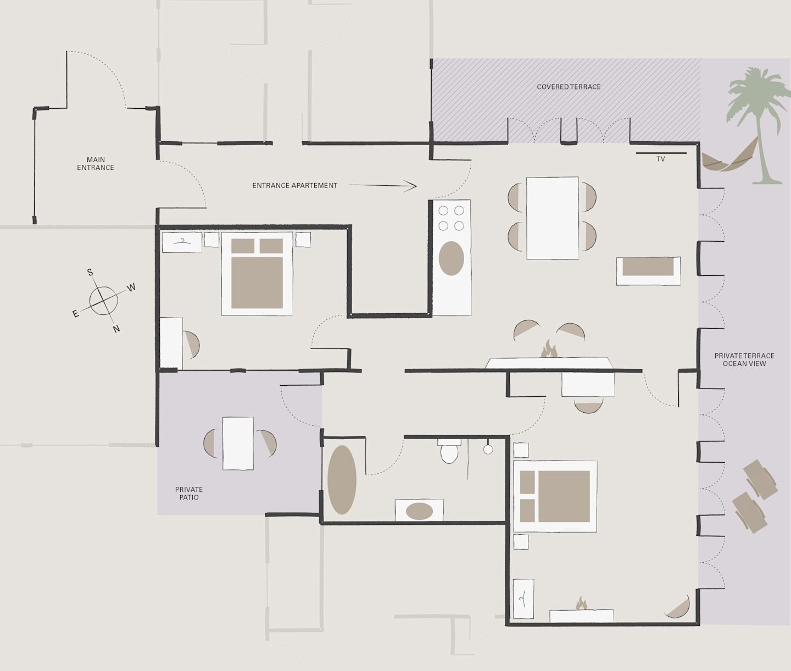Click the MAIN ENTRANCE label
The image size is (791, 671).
click(96, 163)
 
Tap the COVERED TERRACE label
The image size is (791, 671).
click(569, 87)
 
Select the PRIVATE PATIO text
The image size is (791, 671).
click(189, 493)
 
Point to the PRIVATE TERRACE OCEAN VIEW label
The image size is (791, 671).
click(744, 359)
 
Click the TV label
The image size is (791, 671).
click(660, 159)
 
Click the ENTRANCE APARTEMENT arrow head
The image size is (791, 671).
click(412, 186)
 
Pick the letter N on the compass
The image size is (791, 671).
click(116, 329)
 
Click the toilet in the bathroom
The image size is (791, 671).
click(449, 451)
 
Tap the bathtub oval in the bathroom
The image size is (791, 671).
click(342, 480)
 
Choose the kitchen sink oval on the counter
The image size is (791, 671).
click(451, 258)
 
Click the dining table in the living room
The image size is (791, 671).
click(552, 218)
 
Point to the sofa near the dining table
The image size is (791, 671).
click(648, 271)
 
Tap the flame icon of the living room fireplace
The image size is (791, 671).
click(549, 349)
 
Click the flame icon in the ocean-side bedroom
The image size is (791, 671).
click(581, 603)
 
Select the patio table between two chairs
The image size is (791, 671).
click(238, 443)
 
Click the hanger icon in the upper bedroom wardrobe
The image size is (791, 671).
click(182, 241)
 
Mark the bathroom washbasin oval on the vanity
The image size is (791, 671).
click(420, 511)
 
